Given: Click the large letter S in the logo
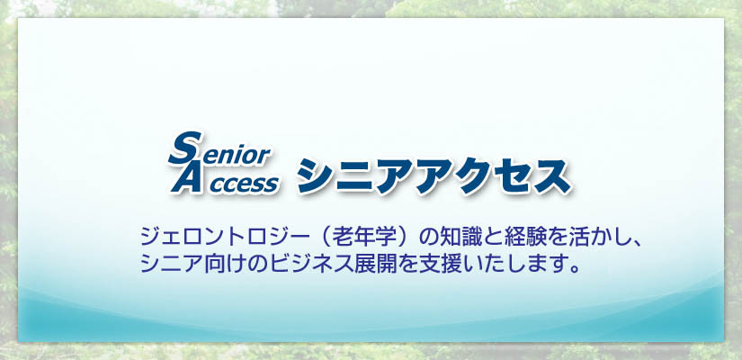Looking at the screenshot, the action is [x=184, y=148].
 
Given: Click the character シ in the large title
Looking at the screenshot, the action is [x=315, y=176].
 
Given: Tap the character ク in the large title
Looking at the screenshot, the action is [x=474, y=176].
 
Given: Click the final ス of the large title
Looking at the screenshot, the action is [x=551, y=176].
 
